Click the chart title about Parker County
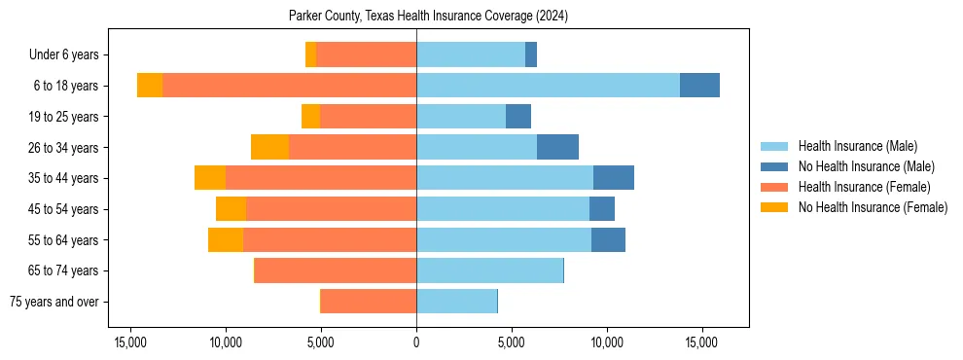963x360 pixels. pos(429,17)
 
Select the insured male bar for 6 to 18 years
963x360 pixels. pos(548,86)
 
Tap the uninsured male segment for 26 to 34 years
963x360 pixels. pos(557,147)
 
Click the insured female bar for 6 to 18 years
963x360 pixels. pos(289,86)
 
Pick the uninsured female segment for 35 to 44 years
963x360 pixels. pos(210,178)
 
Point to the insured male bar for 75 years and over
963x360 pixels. pos(456,302)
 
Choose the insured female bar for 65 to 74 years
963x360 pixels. pos(336,270)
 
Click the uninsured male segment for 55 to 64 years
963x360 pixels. pos(608,239)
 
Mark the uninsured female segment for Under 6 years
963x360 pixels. pos(311,54)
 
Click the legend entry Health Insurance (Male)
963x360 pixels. pos(857,146)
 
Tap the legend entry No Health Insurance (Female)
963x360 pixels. pos(873,207)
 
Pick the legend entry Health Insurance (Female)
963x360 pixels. pos(864,187)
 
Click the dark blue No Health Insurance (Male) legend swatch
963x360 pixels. pos(774,166)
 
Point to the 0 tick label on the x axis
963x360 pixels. pos(416,342)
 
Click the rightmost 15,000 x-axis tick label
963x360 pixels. pos(701,342)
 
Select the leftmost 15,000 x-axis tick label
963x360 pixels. pos(131,342)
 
